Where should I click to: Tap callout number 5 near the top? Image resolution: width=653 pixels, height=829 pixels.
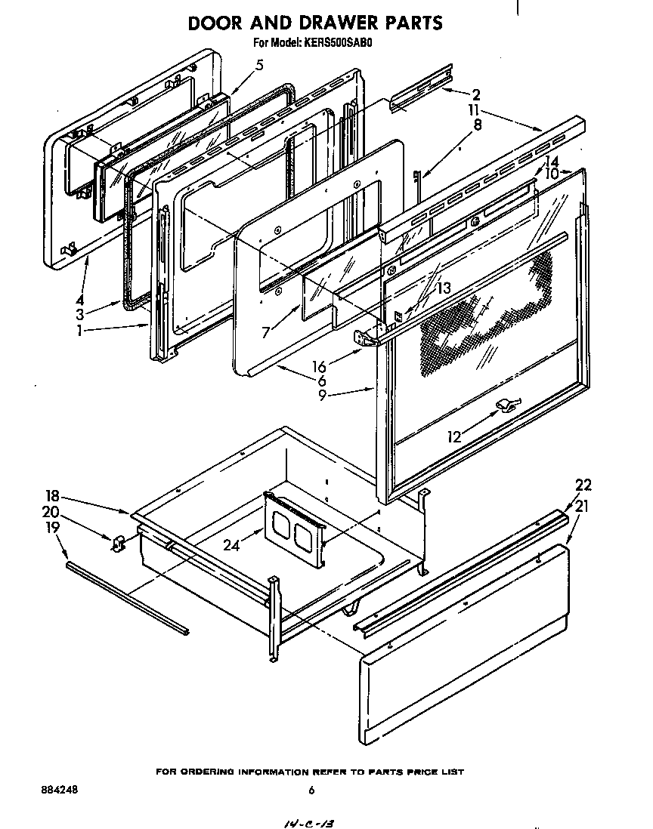259,65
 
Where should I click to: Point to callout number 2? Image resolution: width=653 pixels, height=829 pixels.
476,94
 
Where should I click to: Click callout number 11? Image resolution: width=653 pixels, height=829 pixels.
474,109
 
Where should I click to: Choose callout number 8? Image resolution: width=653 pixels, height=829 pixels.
478,127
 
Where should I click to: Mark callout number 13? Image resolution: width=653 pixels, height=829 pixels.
443,288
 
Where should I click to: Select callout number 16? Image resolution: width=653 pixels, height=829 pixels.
322,367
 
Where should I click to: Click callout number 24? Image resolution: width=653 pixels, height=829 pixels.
231,545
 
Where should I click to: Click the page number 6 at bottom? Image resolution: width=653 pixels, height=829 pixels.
311,790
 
